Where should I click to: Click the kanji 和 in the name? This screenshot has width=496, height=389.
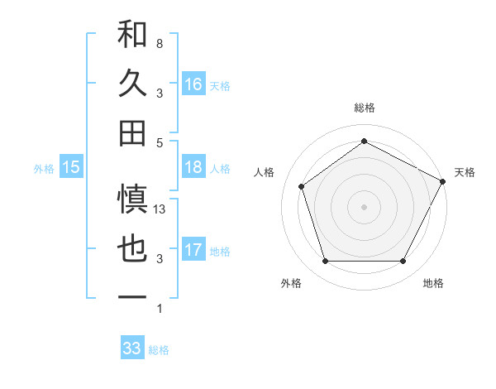[132, 35]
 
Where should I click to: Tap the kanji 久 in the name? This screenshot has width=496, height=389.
[132, 84]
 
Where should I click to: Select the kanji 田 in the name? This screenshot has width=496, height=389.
[132, 132]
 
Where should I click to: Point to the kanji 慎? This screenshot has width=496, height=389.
[132, 199]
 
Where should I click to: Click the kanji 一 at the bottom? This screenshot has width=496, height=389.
[132, 296]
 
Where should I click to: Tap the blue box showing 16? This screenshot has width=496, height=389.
[193, 84]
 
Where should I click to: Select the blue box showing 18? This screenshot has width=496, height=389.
[193, 167]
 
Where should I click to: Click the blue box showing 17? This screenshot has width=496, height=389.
[193, 250]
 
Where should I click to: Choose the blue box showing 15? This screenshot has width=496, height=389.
[71, 167]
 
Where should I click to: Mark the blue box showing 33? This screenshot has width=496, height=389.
[132, 348]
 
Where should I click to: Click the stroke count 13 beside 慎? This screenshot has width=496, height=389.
[160, 209]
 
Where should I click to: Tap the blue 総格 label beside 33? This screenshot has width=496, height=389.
[159, 350]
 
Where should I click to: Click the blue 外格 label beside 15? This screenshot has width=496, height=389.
[43, 169]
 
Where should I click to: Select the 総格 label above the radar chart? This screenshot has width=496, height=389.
[364, 108]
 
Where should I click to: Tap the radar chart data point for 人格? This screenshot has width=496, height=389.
[302, 186]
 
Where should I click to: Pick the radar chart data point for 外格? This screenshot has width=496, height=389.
[325, 261]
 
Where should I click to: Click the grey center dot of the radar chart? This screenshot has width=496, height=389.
[364, 206]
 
